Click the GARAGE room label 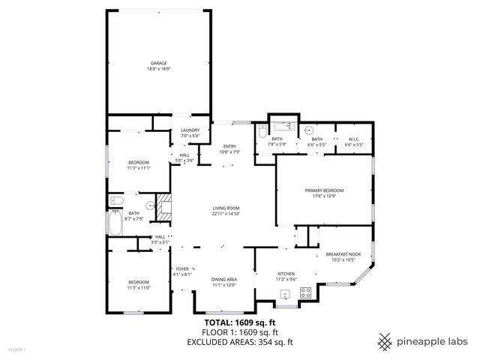(x=158, y=63)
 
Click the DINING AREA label (x=224, y=279)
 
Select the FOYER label (x=182, y=268)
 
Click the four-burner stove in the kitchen (x=306, y=294)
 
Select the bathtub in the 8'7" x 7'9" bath (x=115, y=223)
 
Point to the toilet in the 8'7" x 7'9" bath (x=116, y=200)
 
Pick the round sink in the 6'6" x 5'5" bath (x=309, y=127)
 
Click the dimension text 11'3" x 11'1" (x=139, y=168)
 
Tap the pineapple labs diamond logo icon (x=385, y=341)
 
